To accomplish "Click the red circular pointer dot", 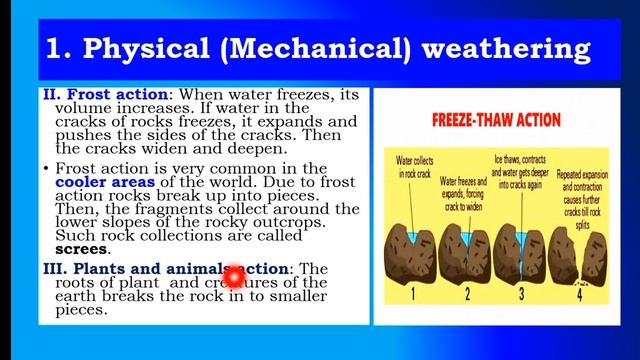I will [x=233, y=276].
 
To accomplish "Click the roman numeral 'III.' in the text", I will [x=55, y=269].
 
